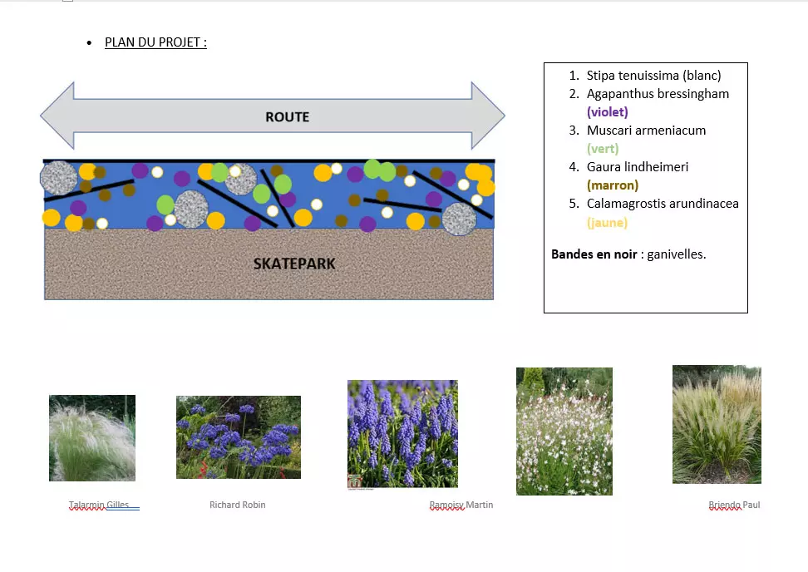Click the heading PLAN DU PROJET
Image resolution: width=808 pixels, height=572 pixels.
tap(155, 42)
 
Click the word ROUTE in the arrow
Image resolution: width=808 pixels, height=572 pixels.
tap(287, 117)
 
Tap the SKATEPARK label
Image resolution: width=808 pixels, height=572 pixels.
tap(294, 264)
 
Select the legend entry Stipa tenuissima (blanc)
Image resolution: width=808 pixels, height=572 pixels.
tap(653, 75)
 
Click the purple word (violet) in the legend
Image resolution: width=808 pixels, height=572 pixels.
tap(607, 112)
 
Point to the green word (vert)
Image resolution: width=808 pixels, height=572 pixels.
tap(603, 149)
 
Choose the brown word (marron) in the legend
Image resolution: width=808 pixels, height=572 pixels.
tap(612, 185)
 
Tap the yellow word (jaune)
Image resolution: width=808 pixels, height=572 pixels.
tap(607, 222)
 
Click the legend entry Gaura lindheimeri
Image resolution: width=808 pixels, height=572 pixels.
tap(638, 167)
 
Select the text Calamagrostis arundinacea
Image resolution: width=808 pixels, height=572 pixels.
tap(663, 204)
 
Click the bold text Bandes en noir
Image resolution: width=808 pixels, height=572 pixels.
tap(594, 254)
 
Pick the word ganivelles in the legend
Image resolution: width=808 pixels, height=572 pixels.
tap(676, 254)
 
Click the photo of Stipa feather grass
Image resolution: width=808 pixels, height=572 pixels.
tap(92, 438)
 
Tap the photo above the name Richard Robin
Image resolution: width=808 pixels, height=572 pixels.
tap(239, 437)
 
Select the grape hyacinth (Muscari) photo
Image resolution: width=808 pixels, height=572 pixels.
tap(402, 434)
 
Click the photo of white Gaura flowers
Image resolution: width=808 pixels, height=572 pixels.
tap(564, 431)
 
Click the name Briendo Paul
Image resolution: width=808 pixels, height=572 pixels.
tap(734, 505)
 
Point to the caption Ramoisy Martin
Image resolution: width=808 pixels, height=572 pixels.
tap(461, 505)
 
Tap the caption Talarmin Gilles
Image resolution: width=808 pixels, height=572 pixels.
tap(99, 505)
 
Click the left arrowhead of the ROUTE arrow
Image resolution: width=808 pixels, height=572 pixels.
tap(57, 116)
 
